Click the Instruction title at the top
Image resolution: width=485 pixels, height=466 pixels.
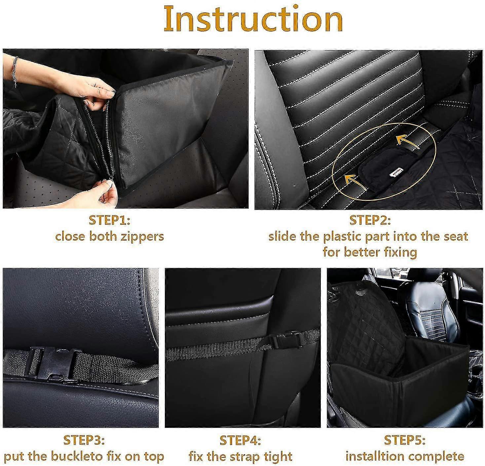click(x=253, y=19)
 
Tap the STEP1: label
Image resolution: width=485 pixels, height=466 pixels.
click(x=109, y=220)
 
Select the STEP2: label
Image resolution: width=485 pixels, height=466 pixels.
click(x=370, y=220)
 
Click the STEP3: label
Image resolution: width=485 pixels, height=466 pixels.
click(x=84, y=440)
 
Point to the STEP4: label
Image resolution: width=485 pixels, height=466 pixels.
click(x=240, y=440)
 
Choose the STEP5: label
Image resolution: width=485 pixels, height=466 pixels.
click(x=404, y=440)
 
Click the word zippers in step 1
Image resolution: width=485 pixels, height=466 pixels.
click(x=144, y=236)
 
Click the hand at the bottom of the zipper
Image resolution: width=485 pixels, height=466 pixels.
click(x=106, y=195)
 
